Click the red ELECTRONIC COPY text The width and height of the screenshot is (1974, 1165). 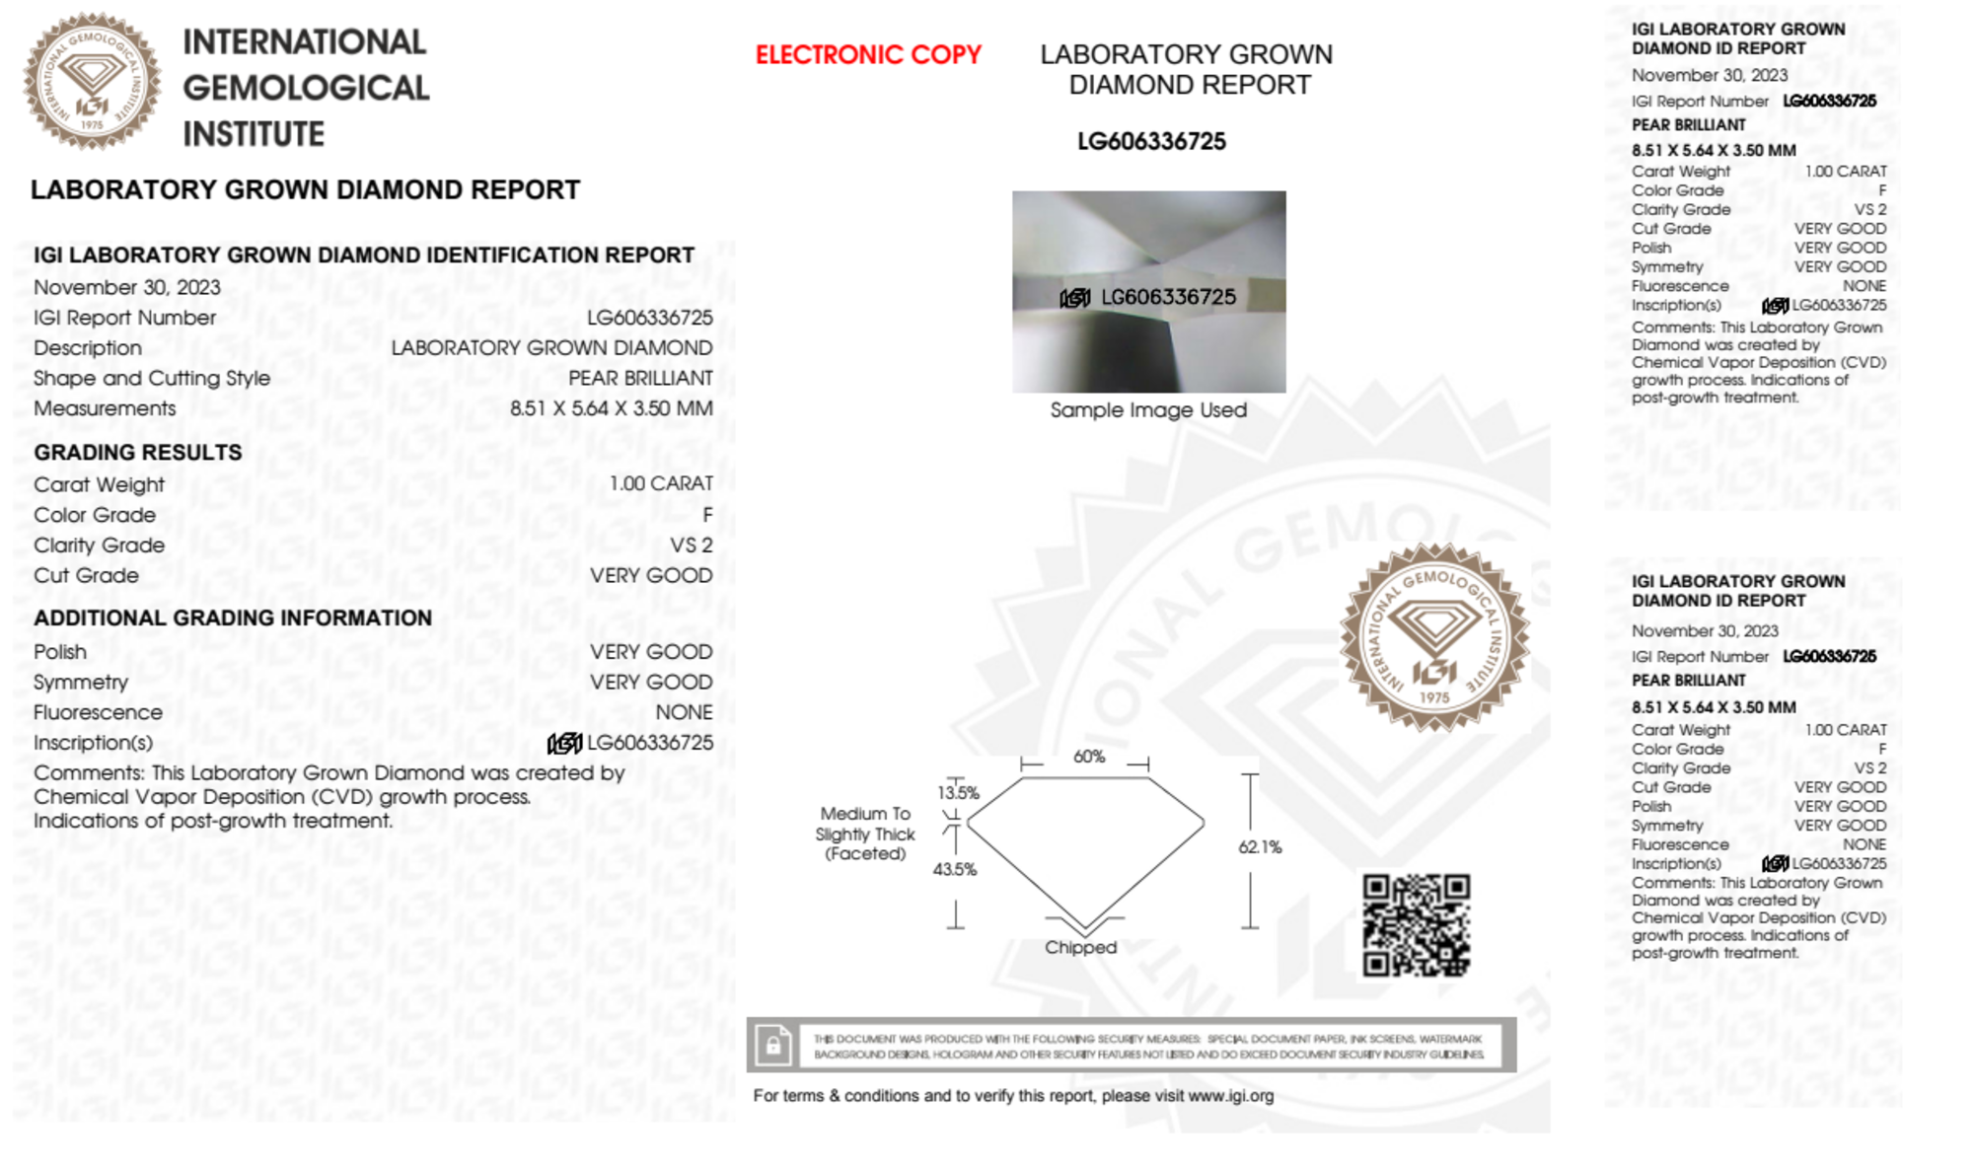click(x=868, y=54)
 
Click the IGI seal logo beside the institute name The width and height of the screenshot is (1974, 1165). click(x=92, y=82)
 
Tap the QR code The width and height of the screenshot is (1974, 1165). click(x=1416, y=925)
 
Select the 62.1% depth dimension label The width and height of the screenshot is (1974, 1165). click(x=1260, y=847)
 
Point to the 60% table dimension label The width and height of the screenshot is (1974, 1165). click(x=1089, y=757)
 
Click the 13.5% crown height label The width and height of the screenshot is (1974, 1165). click(x=958, y=793)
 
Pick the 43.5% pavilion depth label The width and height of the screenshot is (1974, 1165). click(x=955, y=869)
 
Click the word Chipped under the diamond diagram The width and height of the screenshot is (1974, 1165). click(x=1080, y=947)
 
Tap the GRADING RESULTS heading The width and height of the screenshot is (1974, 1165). click(x=138, y=453)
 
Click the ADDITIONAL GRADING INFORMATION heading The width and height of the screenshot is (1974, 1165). click(x=233, y=619)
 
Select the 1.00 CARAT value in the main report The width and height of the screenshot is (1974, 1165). click(x=660, y=484)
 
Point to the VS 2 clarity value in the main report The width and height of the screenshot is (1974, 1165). click(x=691, y=546)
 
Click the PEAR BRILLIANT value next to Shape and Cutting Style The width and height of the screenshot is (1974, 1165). click(x=640, y=379)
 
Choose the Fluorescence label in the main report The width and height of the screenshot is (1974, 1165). click(x=98, y=712)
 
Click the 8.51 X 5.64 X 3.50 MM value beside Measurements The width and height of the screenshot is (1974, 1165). click(x=611, y=408)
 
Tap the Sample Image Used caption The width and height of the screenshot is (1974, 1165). click(x=1148, y=410)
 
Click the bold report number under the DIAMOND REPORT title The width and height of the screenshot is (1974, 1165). click(x=1151, y=142)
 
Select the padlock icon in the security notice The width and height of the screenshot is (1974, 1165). click(x=772, y=1045)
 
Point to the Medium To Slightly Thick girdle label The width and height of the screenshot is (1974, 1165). click(x=865, y=834)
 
